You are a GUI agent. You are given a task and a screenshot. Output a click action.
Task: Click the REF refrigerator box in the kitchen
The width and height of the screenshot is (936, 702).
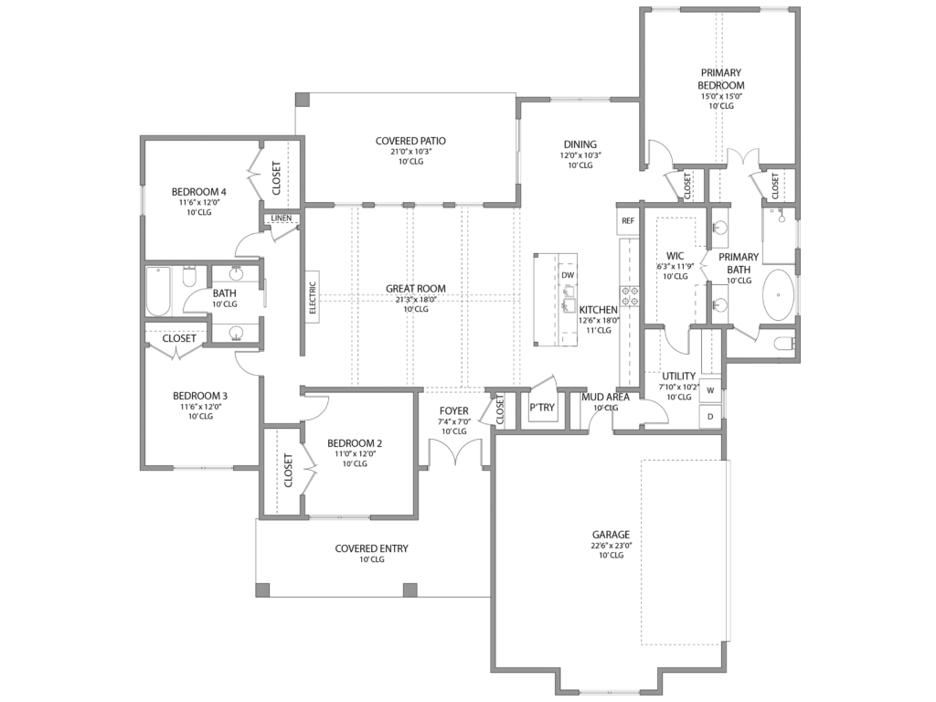628,221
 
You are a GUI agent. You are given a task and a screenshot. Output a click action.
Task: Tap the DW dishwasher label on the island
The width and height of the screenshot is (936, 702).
568,275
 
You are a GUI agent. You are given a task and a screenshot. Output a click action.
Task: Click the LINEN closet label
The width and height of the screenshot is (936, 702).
281,218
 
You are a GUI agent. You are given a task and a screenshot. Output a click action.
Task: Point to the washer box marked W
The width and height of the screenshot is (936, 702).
710,390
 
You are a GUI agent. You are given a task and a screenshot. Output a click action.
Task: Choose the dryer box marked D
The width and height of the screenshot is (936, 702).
710,416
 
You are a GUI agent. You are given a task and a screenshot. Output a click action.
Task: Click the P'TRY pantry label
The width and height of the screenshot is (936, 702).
542,408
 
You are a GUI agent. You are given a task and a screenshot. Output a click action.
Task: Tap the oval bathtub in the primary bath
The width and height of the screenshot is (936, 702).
780,294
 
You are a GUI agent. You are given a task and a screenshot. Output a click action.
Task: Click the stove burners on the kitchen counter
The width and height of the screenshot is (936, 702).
630,294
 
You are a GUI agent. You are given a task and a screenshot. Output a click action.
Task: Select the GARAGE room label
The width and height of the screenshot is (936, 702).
611,534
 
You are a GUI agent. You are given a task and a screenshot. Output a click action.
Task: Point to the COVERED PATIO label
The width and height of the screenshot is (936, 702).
410,141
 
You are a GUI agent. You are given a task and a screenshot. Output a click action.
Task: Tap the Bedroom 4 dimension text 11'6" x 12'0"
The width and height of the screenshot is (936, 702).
200,202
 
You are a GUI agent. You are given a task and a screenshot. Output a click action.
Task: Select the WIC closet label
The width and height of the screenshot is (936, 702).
675,255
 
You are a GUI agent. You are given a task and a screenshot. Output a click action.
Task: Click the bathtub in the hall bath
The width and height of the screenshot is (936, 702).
159,291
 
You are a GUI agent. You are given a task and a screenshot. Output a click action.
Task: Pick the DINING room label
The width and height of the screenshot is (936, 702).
580,144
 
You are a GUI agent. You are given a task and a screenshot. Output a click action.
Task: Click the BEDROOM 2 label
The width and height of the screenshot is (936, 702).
355,443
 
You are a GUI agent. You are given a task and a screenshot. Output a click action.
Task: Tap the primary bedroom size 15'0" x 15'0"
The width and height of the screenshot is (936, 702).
721,95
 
